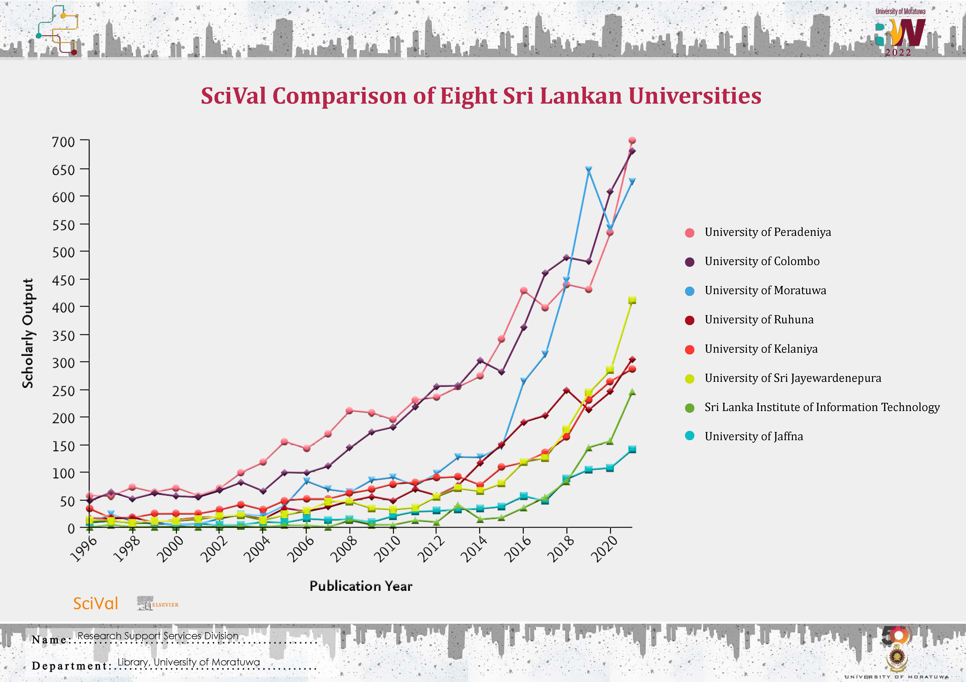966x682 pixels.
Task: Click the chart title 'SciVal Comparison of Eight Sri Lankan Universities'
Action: point(481,96)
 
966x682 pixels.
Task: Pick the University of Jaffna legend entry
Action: point(754,436)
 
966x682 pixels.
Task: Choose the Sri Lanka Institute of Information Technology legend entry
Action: point(822,407)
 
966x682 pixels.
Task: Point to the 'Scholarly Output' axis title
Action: point(28,333)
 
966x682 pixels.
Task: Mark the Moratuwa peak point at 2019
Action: point(589,170)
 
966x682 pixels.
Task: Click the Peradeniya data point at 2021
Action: point(632,140)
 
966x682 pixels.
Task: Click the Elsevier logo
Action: point(158,603)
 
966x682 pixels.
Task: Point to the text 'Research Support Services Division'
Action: point(158,636)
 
